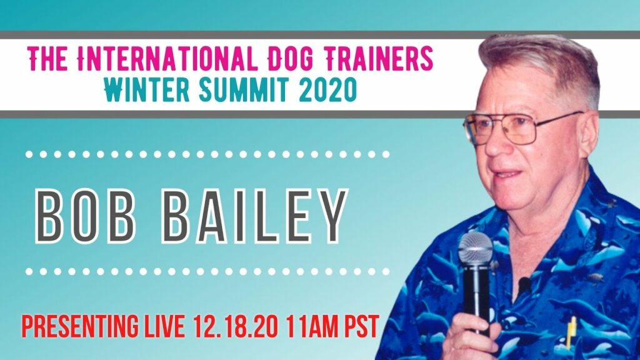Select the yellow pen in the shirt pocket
[x=571, y=332]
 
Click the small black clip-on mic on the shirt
[x=524, y=283]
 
